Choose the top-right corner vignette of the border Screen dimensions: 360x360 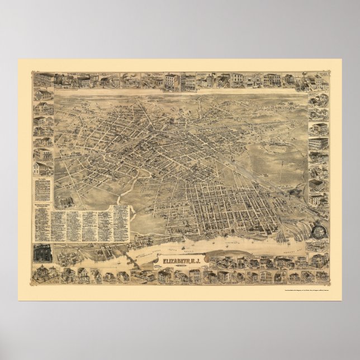tap(319, 79)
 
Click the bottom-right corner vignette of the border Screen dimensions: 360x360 tap(320, 275)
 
